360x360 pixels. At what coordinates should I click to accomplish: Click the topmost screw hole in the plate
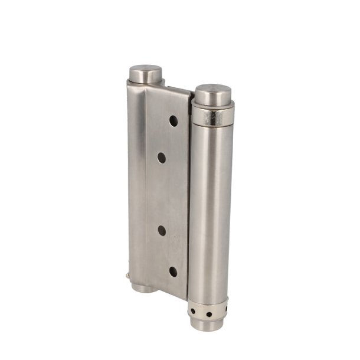pyautogui.click(x=174, y=120)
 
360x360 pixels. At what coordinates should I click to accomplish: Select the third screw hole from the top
pyautogui.click(x=162, y=231)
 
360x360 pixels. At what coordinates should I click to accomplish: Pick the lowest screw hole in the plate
pyautogui.click(x=174, y=271)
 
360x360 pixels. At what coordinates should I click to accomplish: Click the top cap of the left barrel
pyautogui.click(x=145, y=74)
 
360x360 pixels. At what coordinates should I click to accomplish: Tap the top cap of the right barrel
pyautogui.click(x=213, y=94)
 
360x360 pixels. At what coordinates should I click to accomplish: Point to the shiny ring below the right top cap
pyautogui.click(x=213, y=114)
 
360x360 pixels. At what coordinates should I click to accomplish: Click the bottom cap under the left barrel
pyautogui.click(x=142, y=287)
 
